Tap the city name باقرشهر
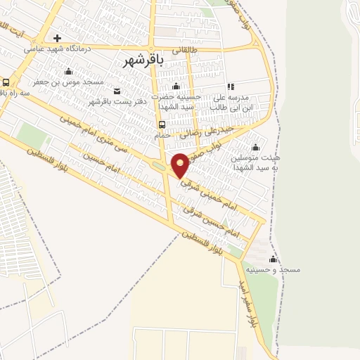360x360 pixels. coord(143,60)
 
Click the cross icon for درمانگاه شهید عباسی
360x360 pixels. coord(58,39)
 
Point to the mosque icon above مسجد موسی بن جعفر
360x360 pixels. coord(68,71)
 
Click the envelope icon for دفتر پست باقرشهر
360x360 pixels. coord(117,91)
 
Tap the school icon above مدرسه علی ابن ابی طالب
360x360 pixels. coord(230,86)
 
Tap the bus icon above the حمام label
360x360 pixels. coord(162,126)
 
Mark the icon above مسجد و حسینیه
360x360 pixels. coord(273,259)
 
